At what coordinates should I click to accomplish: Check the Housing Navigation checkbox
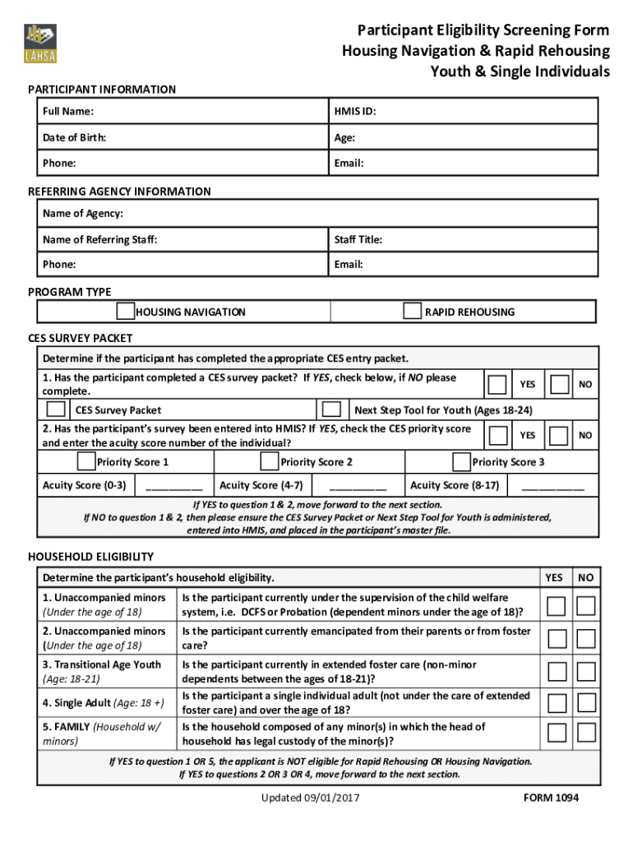[x=125, y=311]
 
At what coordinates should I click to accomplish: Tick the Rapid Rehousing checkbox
[x=412, y=311]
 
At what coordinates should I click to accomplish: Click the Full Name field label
[x=68, y=111]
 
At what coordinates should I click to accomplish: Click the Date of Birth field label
[x=74, y=137]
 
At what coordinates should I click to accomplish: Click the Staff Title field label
[x=358, y=239]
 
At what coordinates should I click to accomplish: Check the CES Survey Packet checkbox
[x=56, y=409]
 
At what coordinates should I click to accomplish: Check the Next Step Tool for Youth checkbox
[x=332, y=409]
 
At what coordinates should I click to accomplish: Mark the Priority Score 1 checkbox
[x=85, y=461]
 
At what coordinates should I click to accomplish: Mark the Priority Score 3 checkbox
[x=461, y=461]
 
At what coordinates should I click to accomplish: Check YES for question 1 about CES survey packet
[x=497, y=384]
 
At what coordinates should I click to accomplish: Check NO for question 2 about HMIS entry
[x=559, y=435]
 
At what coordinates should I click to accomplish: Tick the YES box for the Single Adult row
[x=557, y=703]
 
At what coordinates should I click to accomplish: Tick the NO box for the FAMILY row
[x=585, y=733]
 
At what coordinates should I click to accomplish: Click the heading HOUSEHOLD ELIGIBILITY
[x=90, y=557]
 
